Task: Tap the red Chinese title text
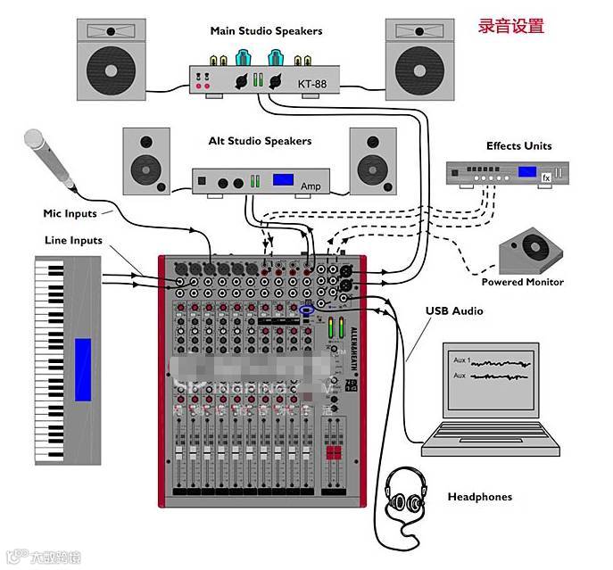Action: coord(510,26)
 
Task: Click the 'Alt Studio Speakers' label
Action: coord(260,141)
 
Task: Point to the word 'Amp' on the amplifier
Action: coord(310,186)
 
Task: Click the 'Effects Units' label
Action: coord(518,146)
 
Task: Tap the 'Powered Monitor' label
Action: coord(522,282)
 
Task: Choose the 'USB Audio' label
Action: coord(454,311)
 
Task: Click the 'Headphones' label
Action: coord(480,496)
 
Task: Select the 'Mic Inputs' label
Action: coord(70,213)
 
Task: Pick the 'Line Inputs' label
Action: coord(73,240)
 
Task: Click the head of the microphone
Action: coord(35,139)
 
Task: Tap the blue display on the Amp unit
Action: coord(284,180)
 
